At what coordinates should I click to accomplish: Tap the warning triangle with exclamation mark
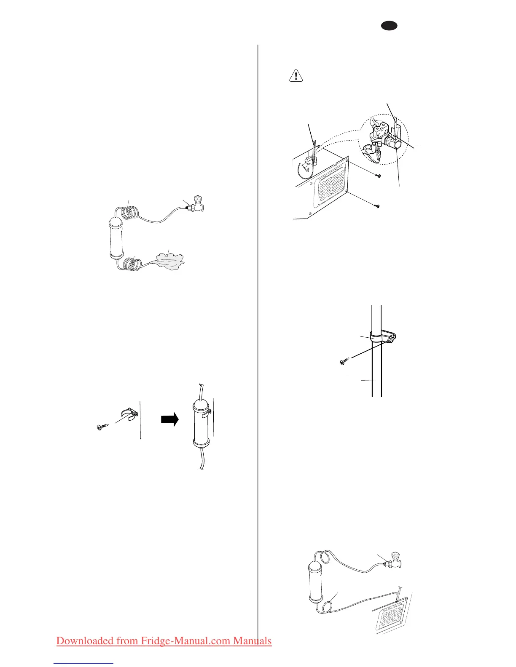[x=296, y=75]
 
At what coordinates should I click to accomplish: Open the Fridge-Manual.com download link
[x=164, y=641]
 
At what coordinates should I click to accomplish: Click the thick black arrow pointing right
[x=169, y=419]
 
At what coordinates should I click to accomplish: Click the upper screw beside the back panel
[x=378, y=176]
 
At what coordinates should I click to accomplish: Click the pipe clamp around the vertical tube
[x=383, y=337]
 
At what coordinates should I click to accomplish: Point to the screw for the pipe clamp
[x=344, y=361]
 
